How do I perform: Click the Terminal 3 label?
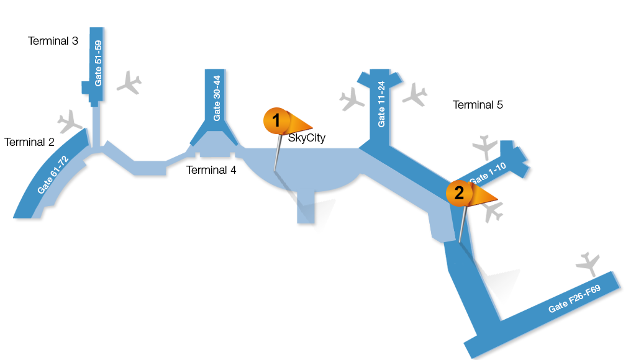click(x=53, y=41)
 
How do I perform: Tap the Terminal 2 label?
click(x=29, y=142)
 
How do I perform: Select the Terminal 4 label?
click(x=211, y=170)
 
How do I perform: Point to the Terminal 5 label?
click(x=478, y=105)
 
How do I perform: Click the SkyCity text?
click(x=307, y=138)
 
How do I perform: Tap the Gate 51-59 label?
click(x=98, y=63)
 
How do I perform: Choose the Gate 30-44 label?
click(x=217, y=98)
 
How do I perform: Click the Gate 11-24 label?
click(x=381, y=104)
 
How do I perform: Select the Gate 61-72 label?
click(x=53, y=175)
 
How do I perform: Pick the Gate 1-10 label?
click(x=488, y=173)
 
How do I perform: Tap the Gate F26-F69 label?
click(x=575, y=299)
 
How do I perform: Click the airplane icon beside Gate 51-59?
click(x=129, y=83)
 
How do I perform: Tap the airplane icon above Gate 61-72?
click(x=70, y=121)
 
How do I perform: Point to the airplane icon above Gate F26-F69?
click(x=588, y=264)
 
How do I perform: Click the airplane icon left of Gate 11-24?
click(x=352, y=99)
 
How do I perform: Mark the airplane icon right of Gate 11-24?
click(x=414, y=95)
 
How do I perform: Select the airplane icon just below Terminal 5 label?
click(x=485, y=147)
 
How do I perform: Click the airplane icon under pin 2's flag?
click(x=493, y=212)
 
